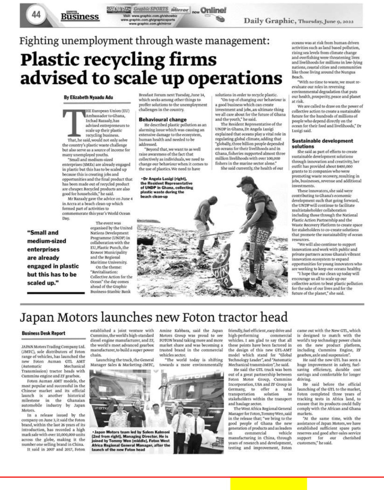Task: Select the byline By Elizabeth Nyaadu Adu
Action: (x=88, y=97)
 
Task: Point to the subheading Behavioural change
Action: (x=163, y=119)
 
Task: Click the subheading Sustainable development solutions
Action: (x=322, y=143)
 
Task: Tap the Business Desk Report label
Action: (x=43, y=333)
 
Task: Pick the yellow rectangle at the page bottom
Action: (x=268, y=484)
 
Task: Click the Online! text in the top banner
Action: (x=213, y=10)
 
